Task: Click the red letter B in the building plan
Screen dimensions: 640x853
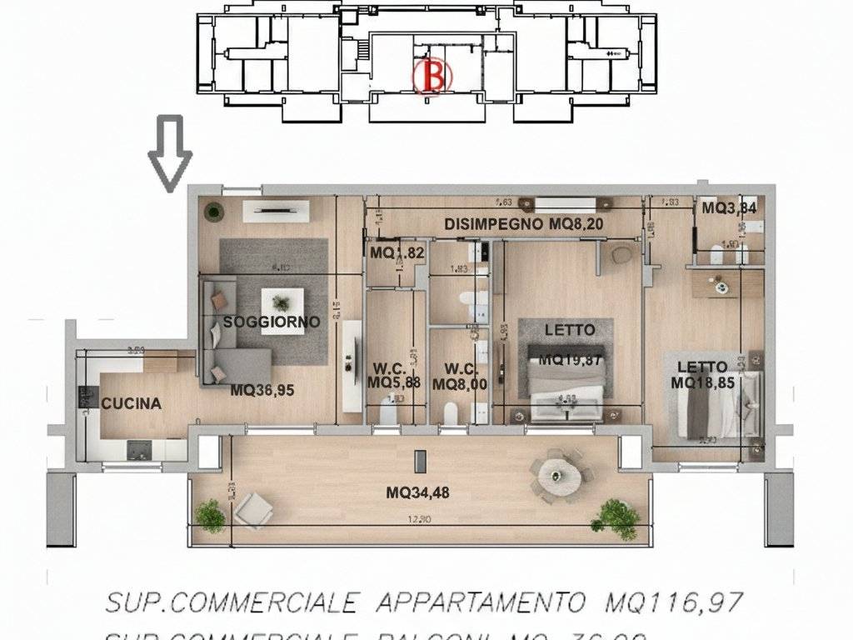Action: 431,76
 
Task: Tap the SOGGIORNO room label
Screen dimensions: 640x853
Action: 272,322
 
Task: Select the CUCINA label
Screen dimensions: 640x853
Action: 132,404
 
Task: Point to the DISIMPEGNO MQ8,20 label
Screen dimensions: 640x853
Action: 523,223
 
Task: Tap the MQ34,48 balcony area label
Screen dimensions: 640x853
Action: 417,492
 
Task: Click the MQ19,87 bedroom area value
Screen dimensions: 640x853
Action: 570,359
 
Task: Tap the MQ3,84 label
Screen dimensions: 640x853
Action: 729,208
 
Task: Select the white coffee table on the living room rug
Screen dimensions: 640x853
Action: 282,311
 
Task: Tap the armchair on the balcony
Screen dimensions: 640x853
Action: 253,509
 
